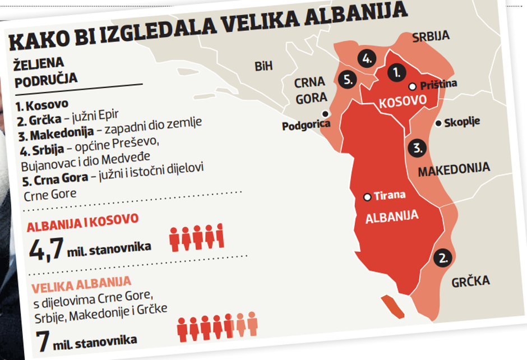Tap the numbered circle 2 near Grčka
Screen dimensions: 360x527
tap(443, 259)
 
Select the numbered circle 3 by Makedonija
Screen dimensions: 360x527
tap(417, 149)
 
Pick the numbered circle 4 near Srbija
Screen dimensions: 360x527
tap(367, 58)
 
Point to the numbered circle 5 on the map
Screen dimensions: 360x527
tap(348, 79)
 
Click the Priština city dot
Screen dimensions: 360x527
tap(413, 86)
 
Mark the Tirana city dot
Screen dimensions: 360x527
tap(367, 197)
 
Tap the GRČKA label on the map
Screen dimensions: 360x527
tap(471, 281)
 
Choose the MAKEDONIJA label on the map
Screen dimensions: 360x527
tap(454, 169)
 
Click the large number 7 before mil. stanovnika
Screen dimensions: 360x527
tap(43, 339)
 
